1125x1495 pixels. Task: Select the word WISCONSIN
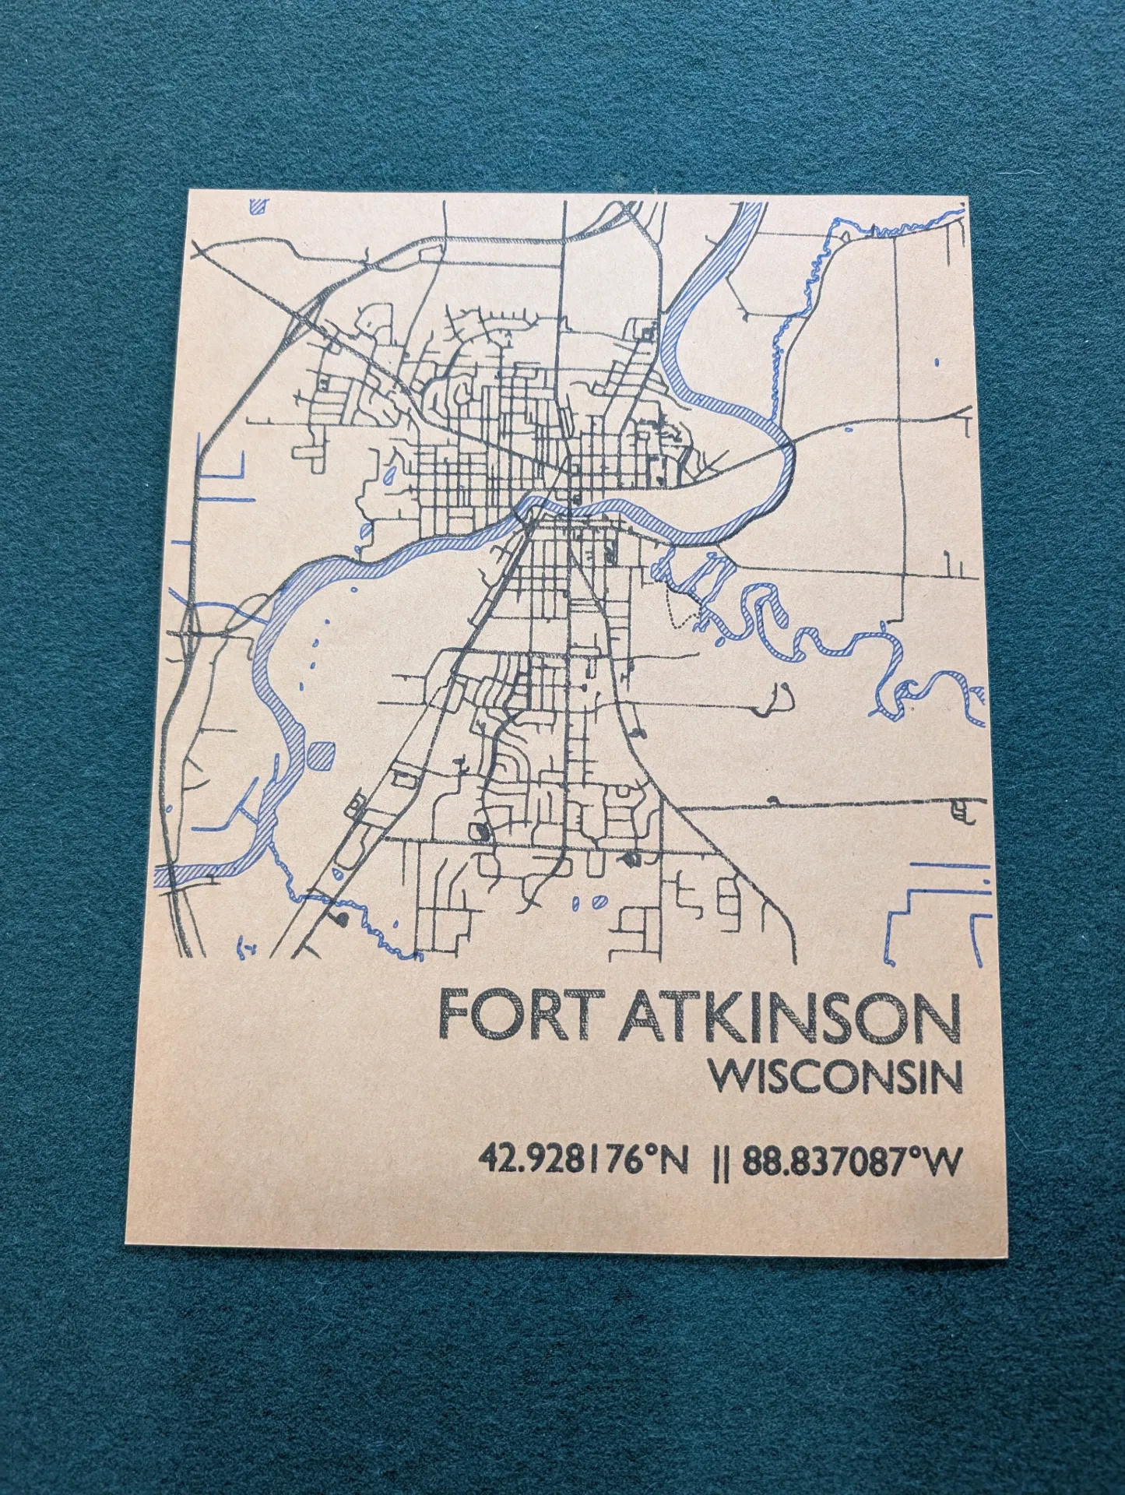(x=835, y=1078)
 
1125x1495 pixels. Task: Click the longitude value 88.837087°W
(x=851, y=1163)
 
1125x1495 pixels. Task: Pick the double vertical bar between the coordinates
(x=721, y=1163)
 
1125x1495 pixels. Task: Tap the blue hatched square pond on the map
(x=322, y=755)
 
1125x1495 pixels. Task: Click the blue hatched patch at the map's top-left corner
(x=258, y=206)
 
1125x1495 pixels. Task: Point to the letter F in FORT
(x=455, y=1015)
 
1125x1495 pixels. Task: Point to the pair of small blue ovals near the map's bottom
(x=589, y=903)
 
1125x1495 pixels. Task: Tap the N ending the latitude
(x=673, y=1163)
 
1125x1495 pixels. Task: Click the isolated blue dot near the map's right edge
(x=936, y=362)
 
